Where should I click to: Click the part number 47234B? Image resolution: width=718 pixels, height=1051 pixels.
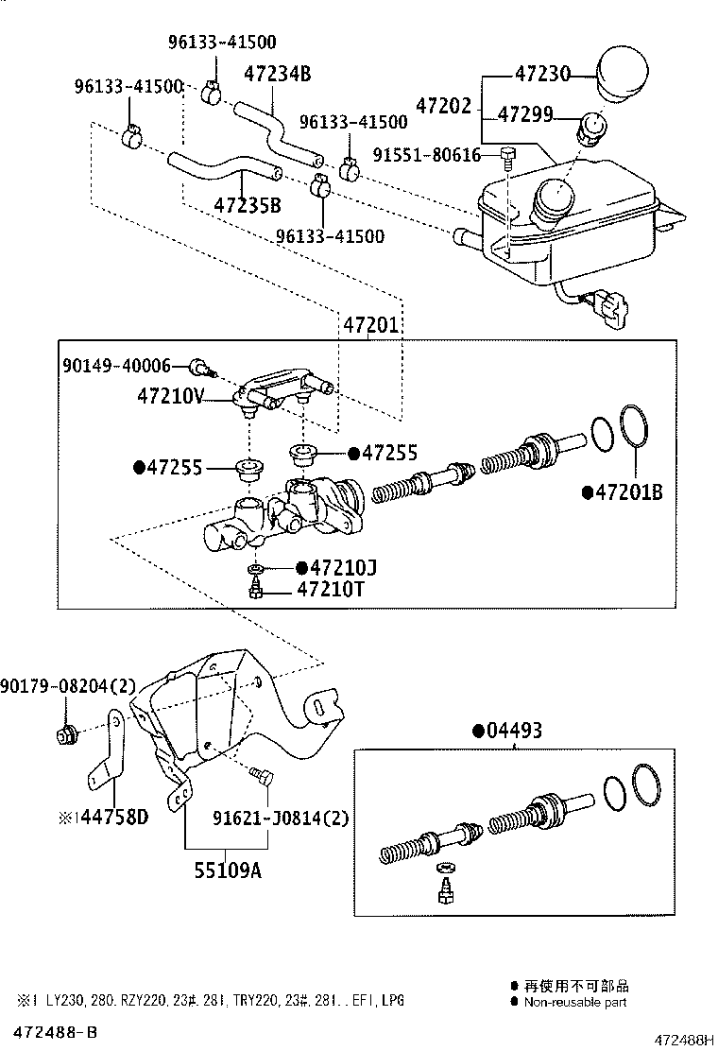click(x=277, y=74)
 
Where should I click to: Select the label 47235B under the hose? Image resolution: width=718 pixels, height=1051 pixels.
click(x=247, y=205)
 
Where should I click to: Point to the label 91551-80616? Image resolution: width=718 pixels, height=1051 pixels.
click(x=426, y=154)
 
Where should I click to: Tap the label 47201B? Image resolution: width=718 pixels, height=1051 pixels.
click(x=628, y=491)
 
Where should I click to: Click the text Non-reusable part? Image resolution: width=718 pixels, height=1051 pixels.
click(x=574, y=1002)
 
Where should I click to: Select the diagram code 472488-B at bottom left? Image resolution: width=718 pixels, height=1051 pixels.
click(x=55, y=1030)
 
